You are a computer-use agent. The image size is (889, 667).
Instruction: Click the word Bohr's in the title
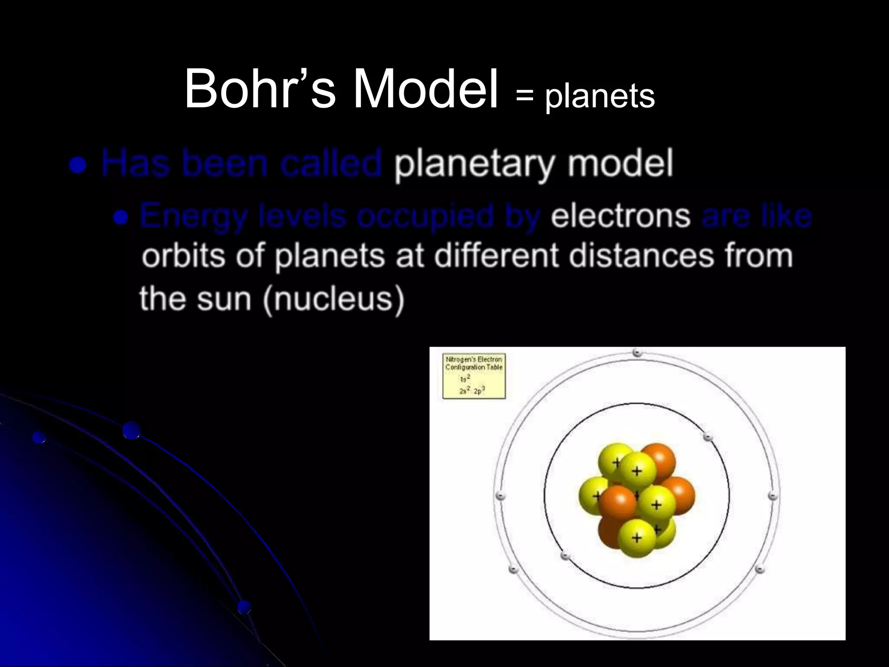click(260, 89)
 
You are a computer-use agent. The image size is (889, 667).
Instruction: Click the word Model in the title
click(425, 89)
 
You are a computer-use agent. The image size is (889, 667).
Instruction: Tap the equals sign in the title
click(524, 96)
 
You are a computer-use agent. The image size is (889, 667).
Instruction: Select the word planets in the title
click(600, 96)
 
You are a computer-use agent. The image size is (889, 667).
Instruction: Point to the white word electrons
click(620, 216)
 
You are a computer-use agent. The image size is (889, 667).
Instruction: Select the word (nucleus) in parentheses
click(333, 299)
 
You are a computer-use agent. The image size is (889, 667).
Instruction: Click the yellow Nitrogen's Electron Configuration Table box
click(474, 376)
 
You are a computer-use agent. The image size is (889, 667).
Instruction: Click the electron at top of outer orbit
click(637, 353)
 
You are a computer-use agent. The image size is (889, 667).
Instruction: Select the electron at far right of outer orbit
click(773, 495)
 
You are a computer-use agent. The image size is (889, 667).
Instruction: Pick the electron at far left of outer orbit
click(500, 495)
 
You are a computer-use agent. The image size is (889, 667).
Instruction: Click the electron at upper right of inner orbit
click(708, 437)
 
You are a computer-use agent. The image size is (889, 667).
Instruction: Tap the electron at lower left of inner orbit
click(565, 555)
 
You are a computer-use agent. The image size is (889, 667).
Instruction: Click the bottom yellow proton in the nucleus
click(637, 538)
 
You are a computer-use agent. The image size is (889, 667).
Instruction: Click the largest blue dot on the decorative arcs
click(131, 430)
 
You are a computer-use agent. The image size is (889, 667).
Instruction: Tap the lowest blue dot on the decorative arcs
click(244, 607)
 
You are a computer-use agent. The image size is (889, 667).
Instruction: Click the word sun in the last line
click(224, 299)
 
